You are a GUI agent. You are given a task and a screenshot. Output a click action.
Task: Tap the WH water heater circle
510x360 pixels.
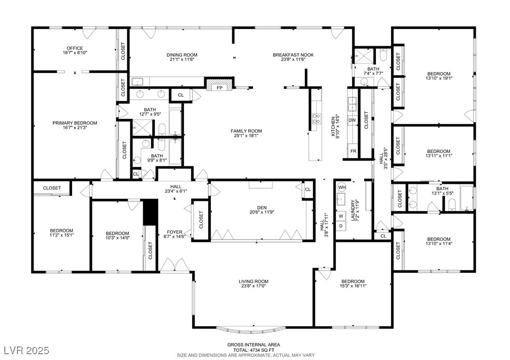click(342, 187)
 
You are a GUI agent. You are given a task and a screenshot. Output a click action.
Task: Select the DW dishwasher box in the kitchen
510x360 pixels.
click(352, 120)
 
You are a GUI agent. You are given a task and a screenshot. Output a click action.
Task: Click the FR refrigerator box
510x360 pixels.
click(353, 151)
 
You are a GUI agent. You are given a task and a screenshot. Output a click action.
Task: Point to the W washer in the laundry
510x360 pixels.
click(341, 216)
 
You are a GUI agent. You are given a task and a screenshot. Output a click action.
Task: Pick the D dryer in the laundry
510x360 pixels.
click(341, 225)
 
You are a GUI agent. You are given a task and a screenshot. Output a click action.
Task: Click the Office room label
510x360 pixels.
click(75, 48)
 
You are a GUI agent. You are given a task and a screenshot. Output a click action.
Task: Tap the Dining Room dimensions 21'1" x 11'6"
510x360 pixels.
click(182, 60)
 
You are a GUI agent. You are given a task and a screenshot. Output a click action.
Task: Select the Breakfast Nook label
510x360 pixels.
click(293, 55)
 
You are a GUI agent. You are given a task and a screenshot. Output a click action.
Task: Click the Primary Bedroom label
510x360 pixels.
click(75, 123)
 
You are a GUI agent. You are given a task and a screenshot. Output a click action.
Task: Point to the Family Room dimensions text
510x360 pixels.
click(246, 135)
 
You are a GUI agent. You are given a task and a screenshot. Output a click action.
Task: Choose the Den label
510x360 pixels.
click(262, 208)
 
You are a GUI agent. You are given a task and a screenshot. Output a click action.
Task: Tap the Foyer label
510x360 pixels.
click(175, 232)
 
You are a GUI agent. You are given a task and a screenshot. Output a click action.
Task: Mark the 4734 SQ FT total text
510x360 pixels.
click(254, 350)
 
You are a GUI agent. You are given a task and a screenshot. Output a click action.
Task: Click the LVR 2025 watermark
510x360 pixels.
click(27, 350)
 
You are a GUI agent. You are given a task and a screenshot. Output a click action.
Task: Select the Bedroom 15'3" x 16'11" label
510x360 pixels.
click(353, 284)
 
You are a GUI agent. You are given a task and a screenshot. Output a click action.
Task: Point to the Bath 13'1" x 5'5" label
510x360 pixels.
click(442, 191)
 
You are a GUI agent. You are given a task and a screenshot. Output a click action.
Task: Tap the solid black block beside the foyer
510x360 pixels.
click(150, 212)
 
